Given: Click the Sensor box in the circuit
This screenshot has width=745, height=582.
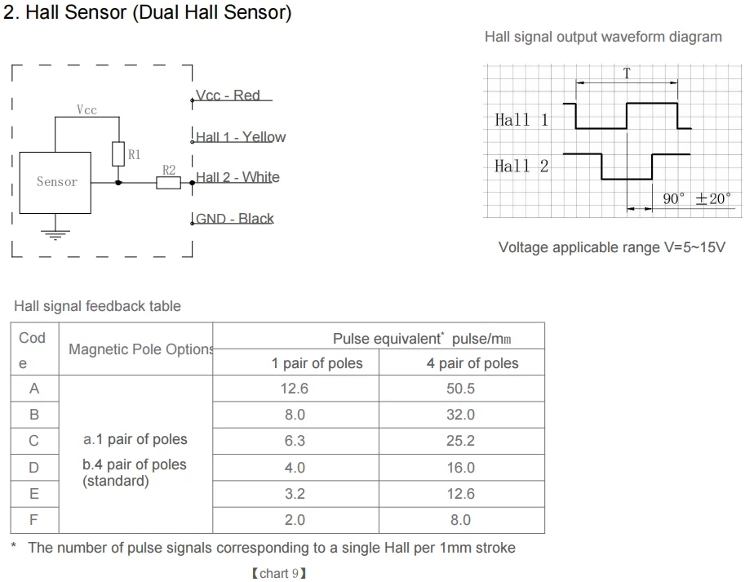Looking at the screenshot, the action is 56,182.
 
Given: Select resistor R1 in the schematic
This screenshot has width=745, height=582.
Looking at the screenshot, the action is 118,154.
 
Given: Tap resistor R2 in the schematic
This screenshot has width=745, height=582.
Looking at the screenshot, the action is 168,182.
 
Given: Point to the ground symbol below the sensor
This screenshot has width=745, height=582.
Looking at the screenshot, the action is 55,233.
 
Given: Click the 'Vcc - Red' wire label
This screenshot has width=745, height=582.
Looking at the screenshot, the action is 229,96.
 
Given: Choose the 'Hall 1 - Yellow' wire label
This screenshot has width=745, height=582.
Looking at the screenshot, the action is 241,137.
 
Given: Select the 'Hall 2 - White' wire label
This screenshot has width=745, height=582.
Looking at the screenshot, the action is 237,177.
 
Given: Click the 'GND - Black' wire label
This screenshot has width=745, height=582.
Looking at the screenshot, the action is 235,219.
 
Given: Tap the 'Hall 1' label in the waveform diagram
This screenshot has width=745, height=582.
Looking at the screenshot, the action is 521,120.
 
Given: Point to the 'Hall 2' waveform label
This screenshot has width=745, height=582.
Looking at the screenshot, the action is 521,167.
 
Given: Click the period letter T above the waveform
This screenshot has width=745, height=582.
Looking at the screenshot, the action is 627,73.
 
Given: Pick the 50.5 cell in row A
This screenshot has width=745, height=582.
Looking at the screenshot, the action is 460,389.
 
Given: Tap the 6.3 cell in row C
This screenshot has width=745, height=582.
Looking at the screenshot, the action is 295,441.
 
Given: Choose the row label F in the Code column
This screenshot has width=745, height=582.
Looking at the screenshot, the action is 34,519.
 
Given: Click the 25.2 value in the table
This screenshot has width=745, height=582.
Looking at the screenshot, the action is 460,441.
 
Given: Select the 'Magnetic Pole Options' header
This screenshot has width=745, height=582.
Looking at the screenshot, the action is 140,349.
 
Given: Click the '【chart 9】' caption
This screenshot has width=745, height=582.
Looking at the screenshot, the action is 279,573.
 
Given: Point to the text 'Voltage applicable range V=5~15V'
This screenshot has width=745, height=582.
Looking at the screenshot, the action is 611,247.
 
